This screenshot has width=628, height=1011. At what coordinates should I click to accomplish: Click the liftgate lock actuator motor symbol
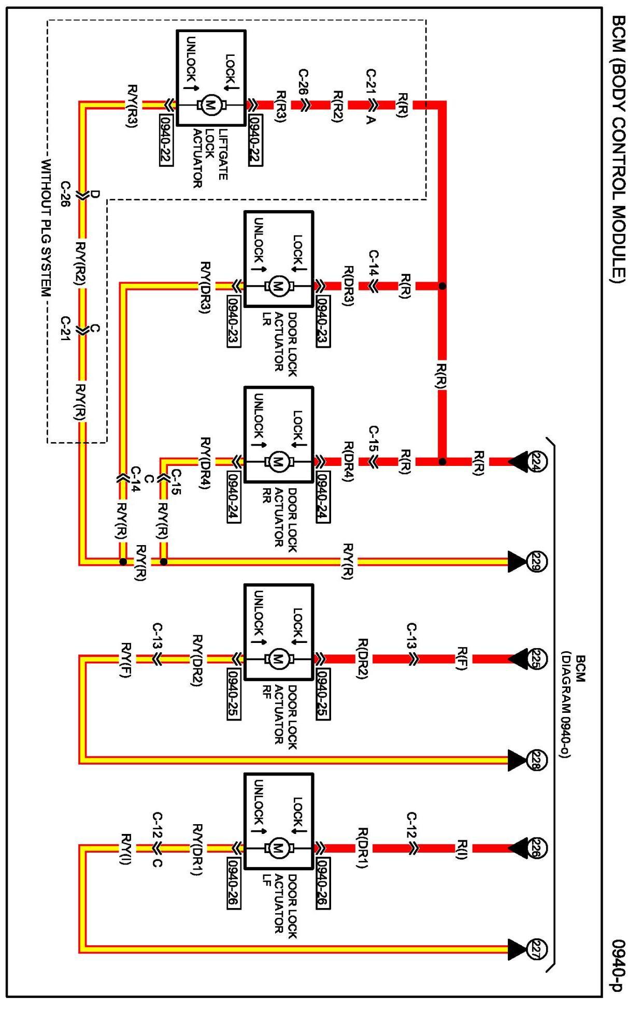[x=211, y=105]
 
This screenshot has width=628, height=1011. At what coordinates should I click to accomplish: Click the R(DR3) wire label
[x=348, y=286]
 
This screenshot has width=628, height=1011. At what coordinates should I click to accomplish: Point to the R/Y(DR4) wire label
[x=205, y=462]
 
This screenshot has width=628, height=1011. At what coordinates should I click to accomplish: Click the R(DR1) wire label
[x=363, y=848]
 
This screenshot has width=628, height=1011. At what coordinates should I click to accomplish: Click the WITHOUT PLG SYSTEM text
[x=46, y=228]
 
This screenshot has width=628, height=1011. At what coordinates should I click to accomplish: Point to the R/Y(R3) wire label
[x=133, y=106]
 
